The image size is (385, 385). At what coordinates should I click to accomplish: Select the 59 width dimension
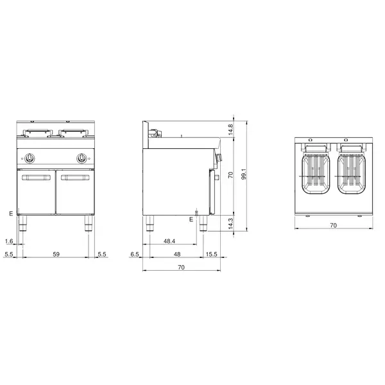point(56,255)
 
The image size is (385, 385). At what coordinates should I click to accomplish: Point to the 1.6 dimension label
point(8,241)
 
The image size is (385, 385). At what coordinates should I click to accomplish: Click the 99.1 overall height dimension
point(244,174)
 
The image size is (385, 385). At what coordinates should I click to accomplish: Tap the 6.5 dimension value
point(135,255)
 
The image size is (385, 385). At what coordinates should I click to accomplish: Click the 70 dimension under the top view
point(333,225)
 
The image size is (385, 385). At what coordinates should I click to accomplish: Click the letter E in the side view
point(191,220)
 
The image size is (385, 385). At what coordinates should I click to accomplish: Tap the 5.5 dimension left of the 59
point(8,255)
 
